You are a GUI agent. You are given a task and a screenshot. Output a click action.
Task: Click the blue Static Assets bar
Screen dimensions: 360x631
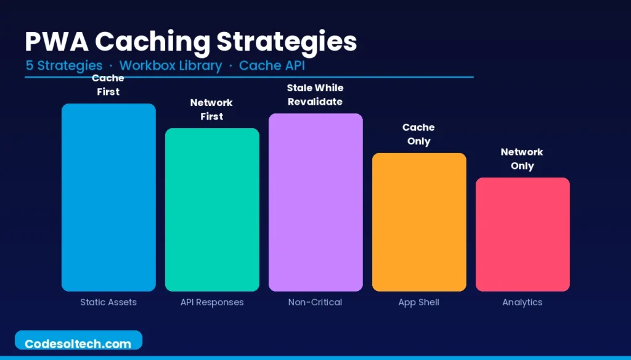pos(108,197)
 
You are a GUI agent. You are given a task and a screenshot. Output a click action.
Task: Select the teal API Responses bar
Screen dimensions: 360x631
pos(212,210)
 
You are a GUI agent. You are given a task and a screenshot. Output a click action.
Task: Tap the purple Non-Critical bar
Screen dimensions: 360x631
pos(315,202)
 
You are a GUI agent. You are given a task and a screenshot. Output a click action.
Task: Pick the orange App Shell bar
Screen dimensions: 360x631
pos(419,222)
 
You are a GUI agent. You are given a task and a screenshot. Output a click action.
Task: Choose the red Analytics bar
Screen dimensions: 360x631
pos(523,234)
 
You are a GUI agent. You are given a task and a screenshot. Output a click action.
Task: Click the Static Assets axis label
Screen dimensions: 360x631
pos(108,302)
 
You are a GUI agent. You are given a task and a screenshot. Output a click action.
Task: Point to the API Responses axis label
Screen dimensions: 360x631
pos(212,302)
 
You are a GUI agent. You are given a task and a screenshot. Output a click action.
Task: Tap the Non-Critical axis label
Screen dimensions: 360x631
pos(315,302)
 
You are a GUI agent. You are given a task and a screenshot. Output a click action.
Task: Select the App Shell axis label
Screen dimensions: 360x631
pos(419,302)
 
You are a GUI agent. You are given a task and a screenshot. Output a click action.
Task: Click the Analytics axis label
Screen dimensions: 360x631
pos(523,302)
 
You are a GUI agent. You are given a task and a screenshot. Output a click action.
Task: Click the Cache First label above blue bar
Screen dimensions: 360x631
pos(108,85)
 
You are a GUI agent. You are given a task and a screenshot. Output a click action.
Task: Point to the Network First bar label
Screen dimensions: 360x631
pos(212,109)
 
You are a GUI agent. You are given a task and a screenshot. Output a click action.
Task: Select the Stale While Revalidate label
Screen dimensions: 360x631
pos(315,94)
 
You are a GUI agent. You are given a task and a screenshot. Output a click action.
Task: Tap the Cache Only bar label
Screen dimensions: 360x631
pos(419,134)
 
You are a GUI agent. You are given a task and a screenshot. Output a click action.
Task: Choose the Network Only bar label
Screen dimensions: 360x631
pos(523,158)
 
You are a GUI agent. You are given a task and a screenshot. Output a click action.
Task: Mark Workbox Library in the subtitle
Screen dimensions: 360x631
pos(171,65)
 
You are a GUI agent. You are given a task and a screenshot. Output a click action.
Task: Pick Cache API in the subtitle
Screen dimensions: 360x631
pos(272,65)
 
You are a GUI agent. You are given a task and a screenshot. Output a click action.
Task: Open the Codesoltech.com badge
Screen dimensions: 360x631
pos(78,343)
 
